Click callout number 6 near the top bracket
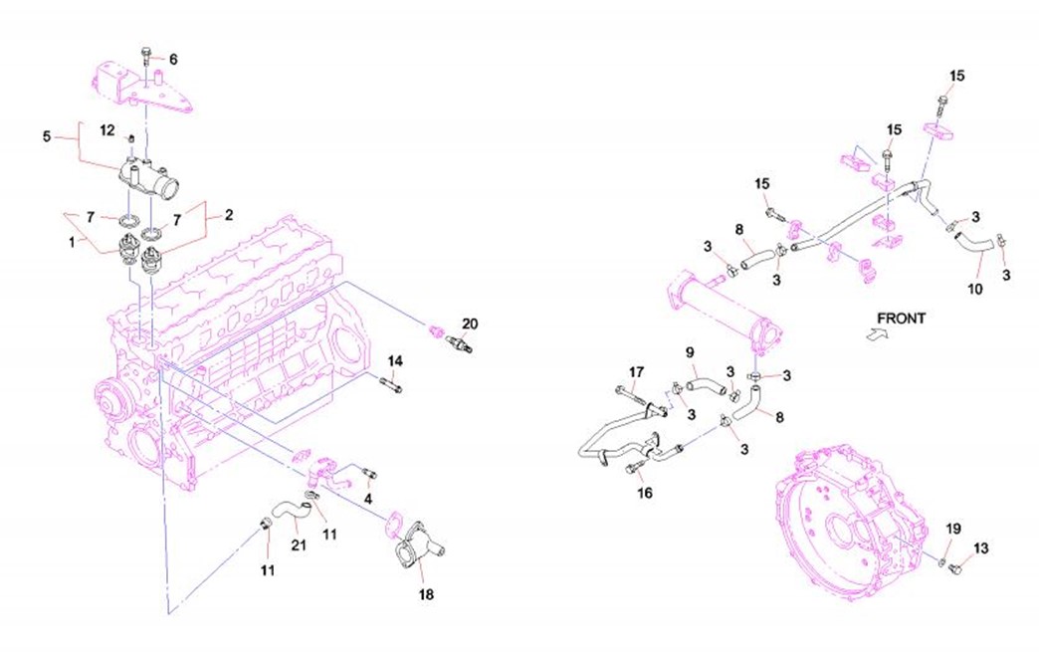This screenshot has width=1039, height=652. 172,59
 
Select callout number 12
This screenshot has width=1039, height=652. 107,129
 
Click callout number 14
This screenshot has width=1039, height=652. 395,360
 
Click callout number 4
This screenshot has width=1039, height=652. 368,498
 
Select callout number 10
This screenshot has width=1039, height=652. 974,289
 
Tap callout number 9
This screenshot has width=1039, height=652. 689,352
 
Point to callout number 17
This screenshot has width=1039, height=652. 637,372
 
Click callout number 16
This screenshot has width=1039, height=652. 644,492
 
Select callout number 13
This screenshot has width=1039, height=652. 981,547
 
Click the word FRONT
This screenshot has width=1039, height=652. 901,319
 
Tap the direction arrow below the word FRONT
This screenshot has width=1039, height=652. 875,336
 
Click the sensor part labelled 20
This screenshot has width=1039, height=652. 456,343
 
